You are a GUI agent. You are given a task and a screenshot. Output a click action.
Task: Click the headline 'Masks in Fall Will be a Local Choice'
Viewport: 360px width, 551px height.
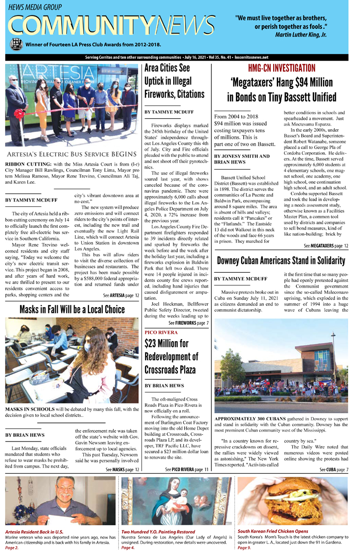click(72, 309)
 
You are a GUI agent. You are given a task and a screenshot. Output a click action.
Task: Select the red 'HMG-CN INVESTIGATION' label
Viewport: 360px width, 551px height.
click(281, 68)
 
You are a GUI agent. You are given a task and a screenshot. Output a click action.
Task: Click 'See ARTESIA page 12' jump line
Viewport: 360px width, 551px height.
click(121, 295)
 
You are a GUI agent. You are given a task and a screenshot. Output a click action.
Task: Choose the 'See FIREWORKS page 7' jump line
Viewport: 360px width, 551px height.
click(188, 323)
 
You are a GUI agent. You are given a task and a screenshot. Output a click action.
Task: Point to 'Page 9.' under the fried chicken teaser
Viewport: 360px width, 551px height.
click(245, 548)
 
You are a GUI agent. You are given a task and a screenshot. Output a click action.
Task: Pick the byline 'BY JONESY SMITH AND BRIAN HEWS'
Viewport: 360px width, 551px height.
click(242, 159)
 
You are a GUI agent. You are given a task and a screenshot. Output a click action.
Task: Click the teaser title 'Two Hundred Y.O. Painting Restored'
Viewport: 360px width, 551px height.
click(158, 531)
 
